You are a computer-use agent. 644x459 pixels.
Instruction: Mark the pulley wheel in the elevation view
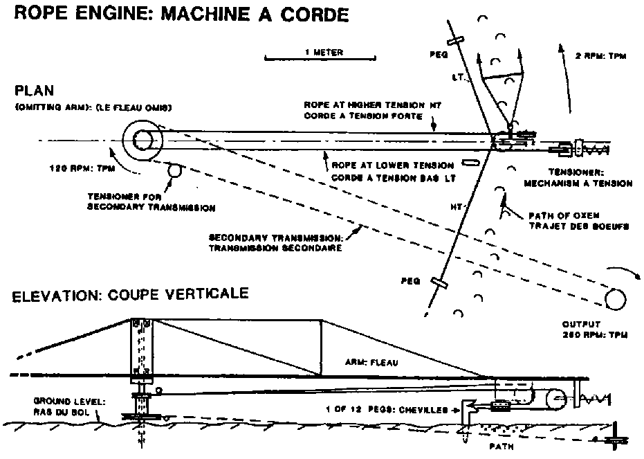coord(554,397)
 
